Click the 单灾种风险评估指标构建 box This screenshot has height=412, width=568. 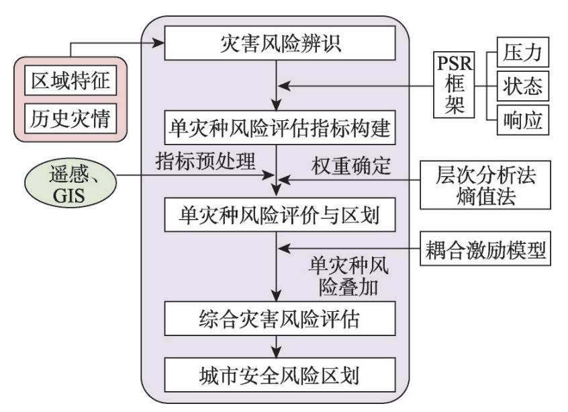(x=276, y=127)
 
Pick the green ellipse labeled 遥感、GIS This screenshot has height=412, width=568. (x=68, y=179)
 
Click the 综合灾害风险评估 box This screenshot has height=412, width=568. (x=276, y=318)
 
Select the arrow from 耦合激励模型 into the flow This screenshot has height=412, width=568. (x=349, y=250)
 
